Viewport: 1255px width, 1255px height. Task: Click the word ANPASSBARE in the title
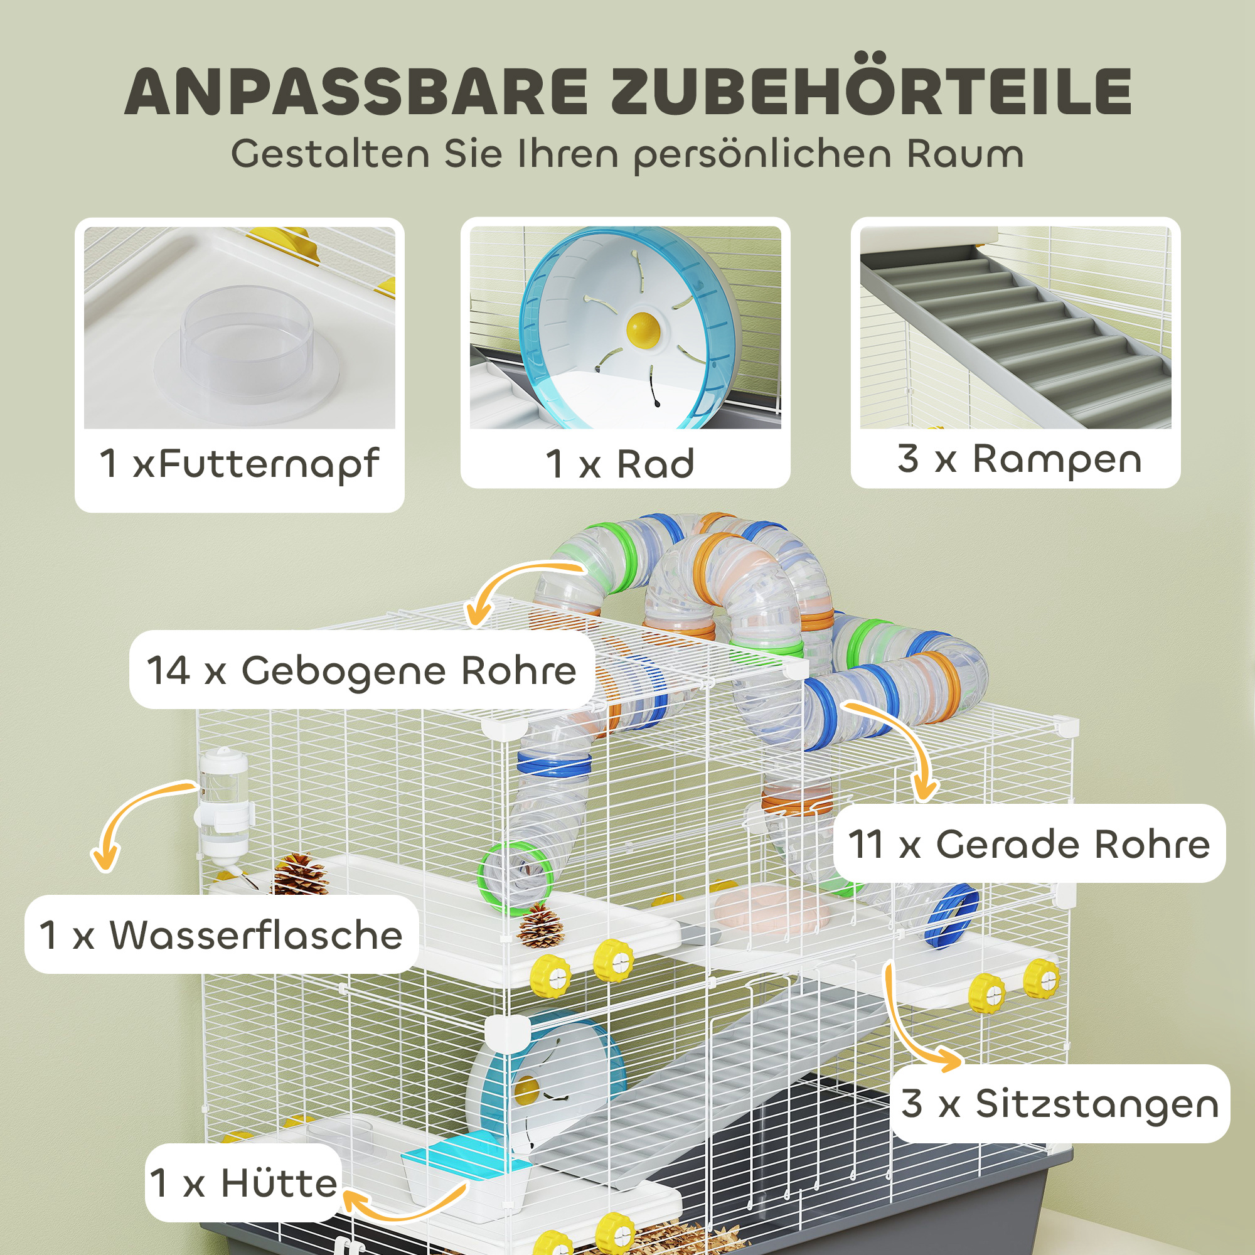point(356,92)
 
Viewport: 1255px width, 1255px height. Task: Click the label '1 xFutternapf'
point(239,464)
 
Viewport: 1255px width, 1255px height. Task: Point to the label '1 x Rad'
point(621,464)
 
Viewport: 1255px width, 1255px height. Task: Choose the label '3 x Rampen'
point(1019,459)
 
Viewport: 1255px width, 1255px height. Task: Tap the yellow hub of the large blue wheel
point(643,329)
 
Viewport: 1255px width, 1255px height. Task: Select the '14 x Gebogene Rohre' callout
point(362,670)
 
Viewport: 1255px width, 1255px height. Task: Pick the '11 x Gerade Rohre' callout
point(1029,844)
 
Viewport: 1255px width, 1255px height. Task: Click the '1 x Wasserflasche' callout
point(221,935)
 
